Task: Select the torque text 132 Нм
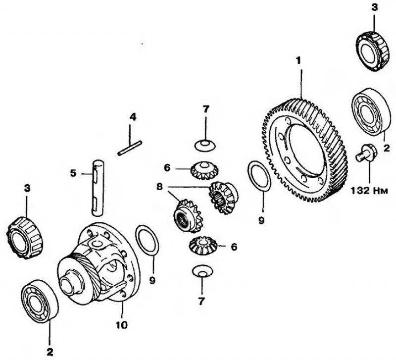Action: (x=369, y=191)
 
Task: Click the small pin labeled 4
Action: (x=130, y=148)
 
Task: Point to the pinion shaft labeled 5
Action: (x=98, y=188)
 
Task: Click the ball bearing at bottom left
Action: (x=40, y=301)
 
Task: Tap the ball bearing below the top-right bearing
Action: (x=370, y=110)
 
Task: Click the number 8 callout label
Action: (x=159, y=187)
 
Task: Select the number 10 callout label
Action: (x=121, y=325)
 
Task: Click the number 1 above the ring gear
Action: (x=299, y=60)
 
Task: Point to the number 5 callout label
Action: (x=73, y=173)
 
